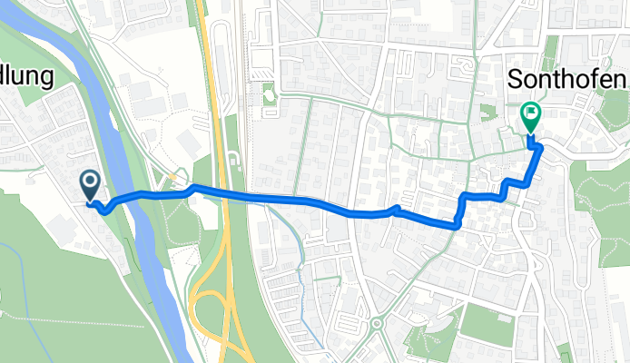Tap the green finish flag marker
[529, 116]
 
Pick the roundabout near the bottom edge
[376, 323]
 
